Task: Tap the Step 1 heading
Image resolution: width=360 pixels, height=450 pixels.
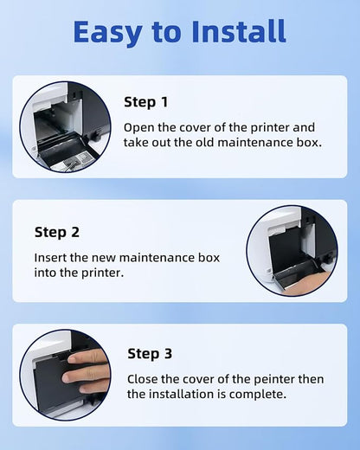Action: point(146,102)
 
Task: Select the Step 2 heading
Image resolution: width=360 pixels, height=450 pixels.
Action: point(57,232)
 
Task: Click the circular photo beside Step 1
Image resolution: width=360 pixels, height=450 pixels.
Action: point(65,126)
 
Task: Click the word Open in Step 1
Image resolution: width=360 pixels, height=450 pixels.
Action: point(138,127)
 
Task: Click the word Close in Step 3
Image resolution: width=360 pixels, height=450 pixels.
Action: point(144,379)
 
